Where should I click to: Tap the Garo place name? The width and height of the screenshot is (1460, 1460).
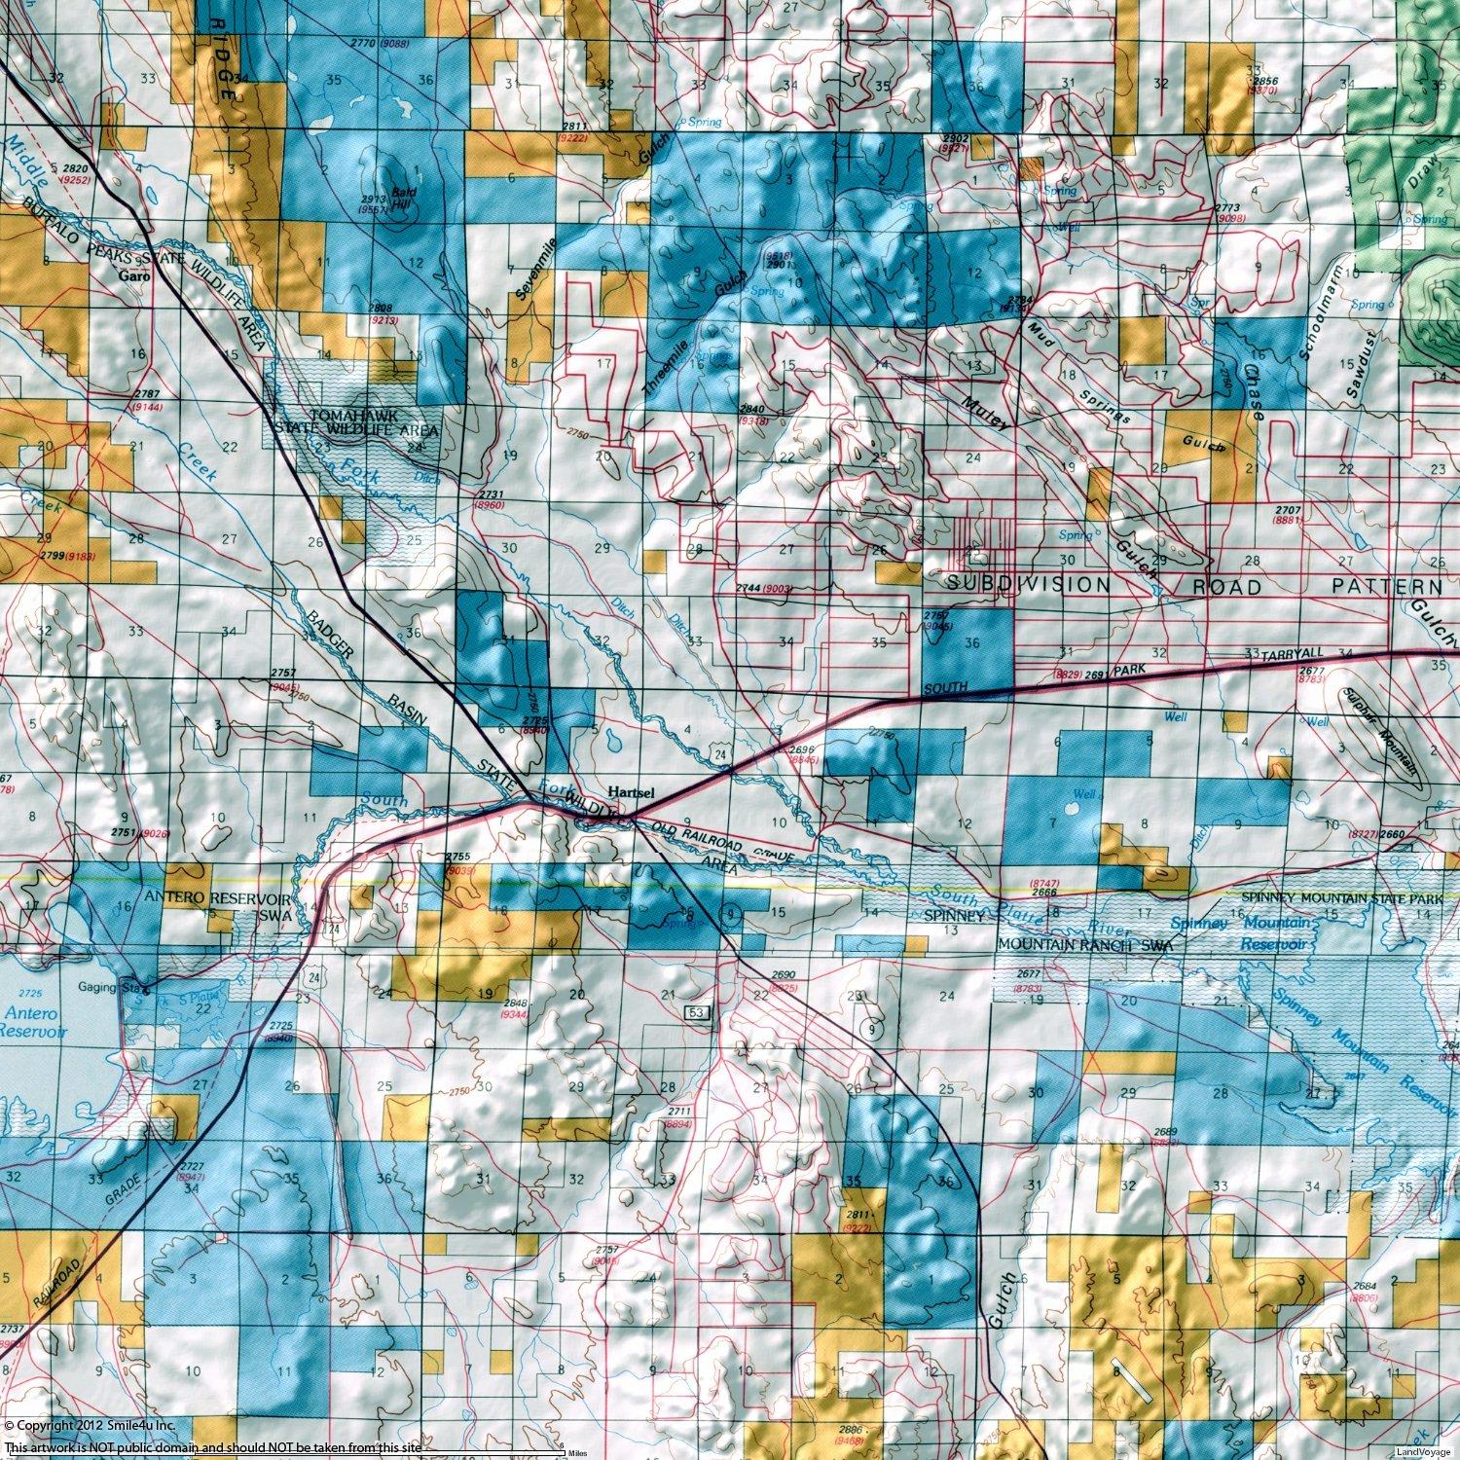coord(132,276)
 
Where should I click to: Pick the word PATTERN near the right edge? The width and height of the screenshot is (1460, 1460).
coord(1387,587)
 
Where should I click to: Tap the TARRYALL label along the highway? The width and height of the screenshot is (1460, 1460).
coord(1275,657)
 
